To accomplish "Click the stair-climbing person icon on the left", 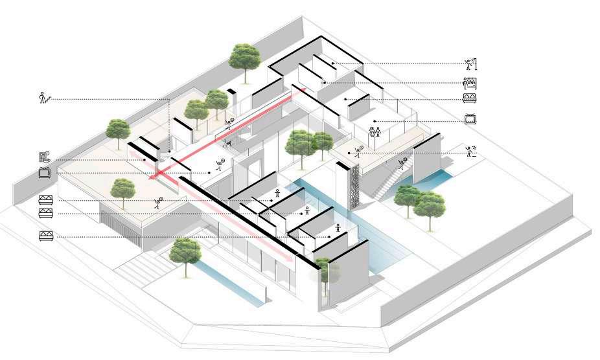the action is pyautogui.click(x=44, y=98).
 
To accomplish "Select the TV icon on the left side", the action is pyautogui.click(x=45, y=173).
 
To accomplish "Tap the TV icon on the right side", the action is pyautogui.click(x=471, y=119).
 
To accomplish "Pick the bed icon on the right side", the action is pyautogui.click(x=470, y=99).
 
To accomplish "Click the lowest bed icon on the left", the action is pyautogui.click(x=45, y=235).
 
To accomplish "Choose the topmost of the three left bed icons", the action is pyautogui.click(x=45, y=199).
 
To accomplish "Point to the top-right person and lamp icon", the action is pyautogui.click(x=471, y=63).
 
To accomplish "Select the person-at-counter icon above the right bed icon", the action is pyautogui.click(x=470, y=82).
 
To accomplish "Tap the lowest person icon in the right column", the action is pyautogui.click(x=471, y=152).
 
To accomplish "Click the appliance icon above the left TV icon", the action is pyautogui.click(x=44, y=157).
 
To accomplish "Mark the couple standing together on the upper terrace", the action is pyautogui.click(x=375, y=131).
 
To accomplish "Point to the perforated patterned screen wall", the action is pyautogui.click(x=354, y=186).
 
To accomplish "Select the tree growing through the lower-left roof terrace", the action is pyautogui.click(x=122, y=191).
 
